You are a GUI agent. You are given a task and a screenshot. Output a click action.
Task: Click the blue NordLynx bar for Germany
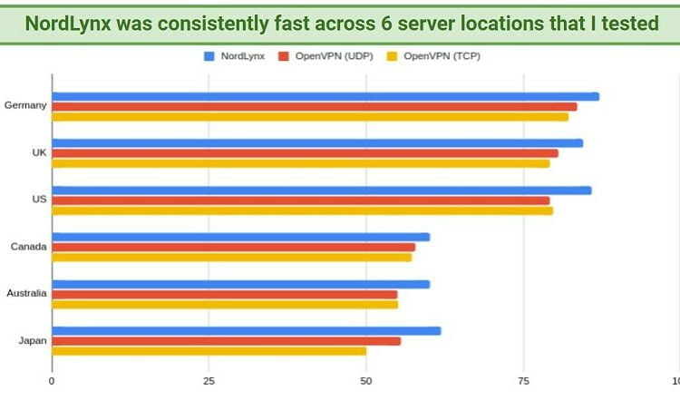tap(325, 96)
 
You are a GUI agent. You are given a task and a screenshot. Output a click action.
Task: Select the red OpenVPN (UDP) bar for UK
tap(305, 153)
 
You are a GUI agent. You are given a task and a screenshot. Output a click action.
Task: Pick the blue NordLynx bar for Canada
tap(240, 237)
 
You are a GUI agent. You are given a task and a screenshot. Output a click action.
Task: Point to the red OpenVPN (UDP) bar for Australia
tap(224, 294)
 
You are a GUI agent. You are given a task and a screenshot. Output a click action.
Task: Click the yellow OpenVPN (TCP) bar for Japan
tap(209, 351)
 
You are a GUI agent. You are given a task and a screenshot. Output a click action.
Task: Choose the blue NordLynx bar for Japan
tap(246, 331)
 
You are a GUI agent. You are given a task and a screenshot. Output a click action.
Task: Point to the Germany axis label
tap(25, 105)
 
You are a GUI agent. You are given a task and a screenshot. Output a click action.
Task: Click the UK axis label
tap(38, 152)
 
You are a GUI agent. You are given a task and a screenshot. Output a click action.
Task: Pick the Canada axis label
tap(28, 246)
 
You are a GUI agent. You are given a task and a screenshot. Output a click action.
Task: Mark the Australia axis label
tap(26, 293)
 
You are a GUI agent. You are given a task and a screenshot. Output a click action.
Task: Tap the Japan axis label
tap(33, 341)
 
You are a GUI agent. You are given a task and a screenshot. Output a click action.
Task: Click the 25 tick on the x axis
tap(209, 382)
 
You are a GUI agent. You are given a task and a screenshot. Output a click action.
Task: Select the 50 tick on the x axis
tap(365, 382)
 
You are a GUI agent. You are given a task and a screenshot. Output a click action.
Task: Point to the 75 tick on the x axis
tap(523, 382)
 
